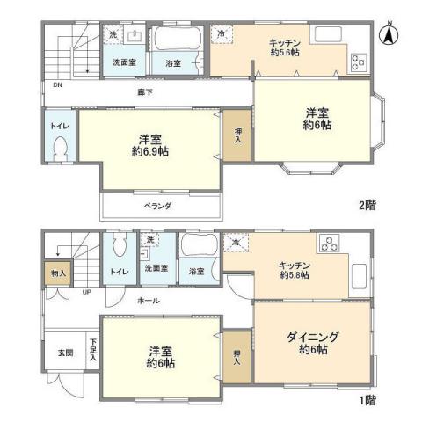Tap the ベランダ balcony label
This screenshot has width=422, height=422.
(158, 205)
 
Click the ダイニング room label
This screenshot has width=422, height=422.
(312, 337)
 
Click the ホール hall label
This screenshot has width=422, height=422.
(148, 301)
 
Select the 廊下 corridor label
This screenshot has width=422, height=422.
(145, 91)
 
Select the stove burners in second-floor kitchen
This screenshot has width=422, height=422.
(360, 62)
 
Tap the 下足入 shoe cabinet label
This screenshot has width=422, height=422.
(92, 354)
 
